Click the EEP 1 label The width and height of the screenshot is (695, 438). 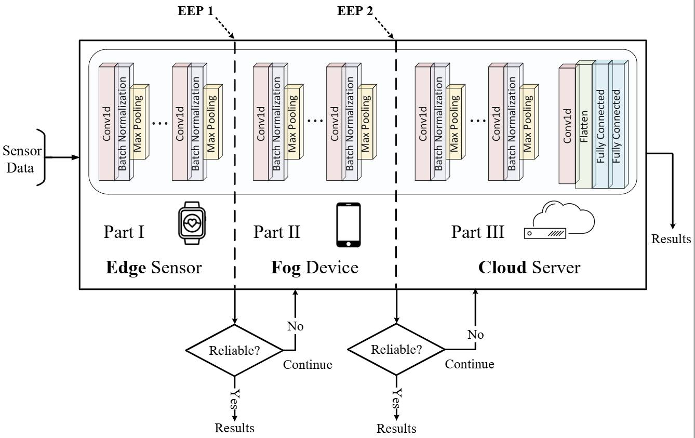click(195, 11)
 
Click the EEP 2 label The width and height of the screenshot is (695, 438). click(355, 11)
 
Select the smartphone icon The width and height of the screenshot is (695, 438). click(349, 225)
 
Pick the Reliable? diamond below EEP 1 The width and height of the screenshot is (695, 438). click(234, 350)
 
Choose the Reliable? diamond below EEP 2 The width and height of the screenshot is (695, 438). click(395, 350)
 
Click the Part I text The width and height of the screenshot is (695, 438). click(124, 232)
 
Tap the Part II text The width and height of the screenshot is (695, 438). click(277, 232)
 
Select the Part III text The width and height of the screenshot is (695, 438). click(478, 232)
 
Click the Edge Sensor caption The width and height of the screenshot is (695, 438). click(153, 268)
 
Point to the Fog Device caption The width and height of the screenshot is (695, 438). click(315, 268)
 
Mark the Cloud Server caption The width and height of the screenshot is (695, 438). click(529, 268)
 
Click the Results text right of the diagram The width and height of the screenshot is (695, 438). click(672, 239)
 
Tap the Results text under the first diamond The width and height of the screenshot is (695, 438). click(235, 428)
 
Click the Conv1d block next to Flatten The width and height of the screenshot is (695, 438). click(567, 125)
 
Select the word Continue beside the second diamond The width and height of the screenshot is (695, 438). click(470, 364)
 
